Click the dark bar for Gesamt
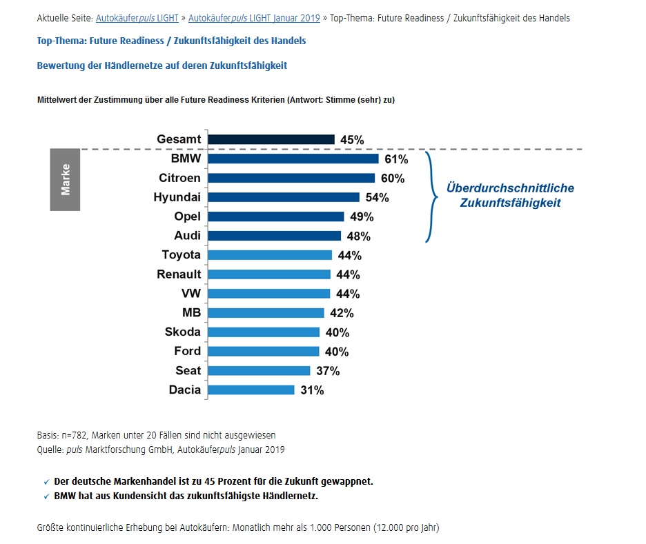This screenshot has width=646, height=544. (x=271, y=139)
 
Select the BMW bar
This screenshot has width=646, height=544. (x=293, y=159)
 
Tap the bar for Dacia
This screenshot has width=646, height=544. (x=251, y=390)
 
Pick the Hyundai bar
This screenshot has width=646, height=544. (x=283, y=197)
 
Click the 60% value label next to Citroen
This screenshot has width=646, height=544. (x=393, y=179)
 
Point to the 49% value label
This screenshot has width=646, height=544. (x=362, y=217)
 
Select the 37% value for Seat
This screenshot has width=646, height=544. (x=328, y=371)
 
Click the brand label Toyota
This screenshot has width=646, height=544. (x=181, y=255)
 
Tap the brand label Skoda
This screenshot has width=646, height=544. (x=182, y=332)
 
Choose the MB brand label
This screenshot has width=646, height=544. (x=191, y=312)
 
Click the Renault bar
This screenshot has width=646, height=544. (x=268, y=274)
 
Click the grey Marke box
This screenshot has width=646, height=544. (x=66, y=179)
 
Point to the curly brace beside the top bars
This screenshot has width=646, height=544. (x=431, y=197)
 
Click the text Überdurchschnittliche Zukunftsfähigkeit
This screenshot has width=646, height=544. (x=509, y=195)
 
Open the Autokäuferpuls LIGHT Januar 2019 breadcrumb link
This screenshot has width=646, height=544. (x=254, y=18)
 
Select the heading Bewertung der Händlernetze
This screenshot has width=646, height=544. (x=161, y=66)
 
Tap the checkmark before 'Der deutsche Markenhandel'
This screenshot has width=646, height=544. (x=46, y=482)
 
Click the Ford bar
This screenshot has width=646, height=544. (x=263, y=351)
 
